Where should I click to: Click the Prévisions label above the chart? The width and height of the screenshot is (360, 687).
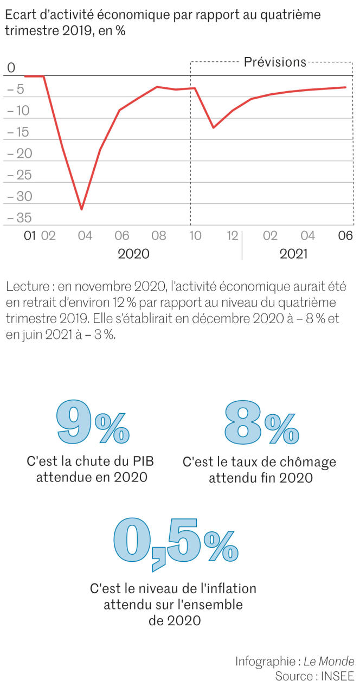coord(275,62)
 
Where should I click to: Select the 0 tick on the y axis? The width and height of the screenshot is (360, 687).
coord(11,68)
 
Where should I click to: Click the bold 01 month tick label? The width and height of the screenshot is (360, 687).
coord(29,236)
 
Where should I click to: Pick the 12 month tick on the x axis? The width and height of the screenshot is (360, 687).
coord(233,236)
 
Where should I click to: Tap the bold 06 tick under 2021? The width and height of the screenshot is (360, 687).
coord(345,236)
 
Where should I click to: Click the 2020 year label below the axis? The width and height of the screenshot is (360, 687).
coord(133,254)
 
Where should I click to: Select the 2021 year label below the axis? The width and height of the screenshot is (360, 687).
coord(293,254)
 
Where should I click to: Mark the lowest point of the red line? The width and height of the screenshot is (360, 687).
coord(82,209)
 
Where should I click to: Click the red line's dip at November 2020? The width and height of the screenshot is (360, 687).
coord(213,128)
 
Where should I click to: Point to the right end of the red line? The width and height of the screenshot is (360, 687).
coord(345,87)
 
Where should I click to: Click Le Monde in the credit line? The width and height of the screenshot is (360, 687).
coord(329,661)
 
